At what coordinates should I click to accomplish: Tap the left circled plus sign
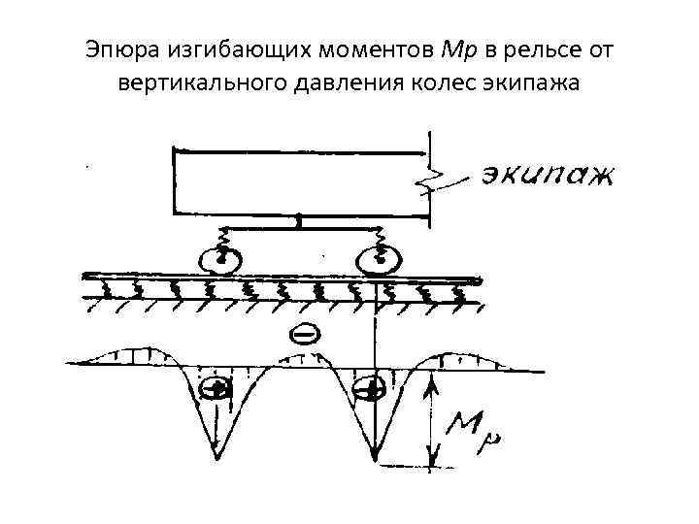(216, 390)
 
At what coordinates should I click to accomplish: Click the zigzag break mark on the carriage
(431, 180)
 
